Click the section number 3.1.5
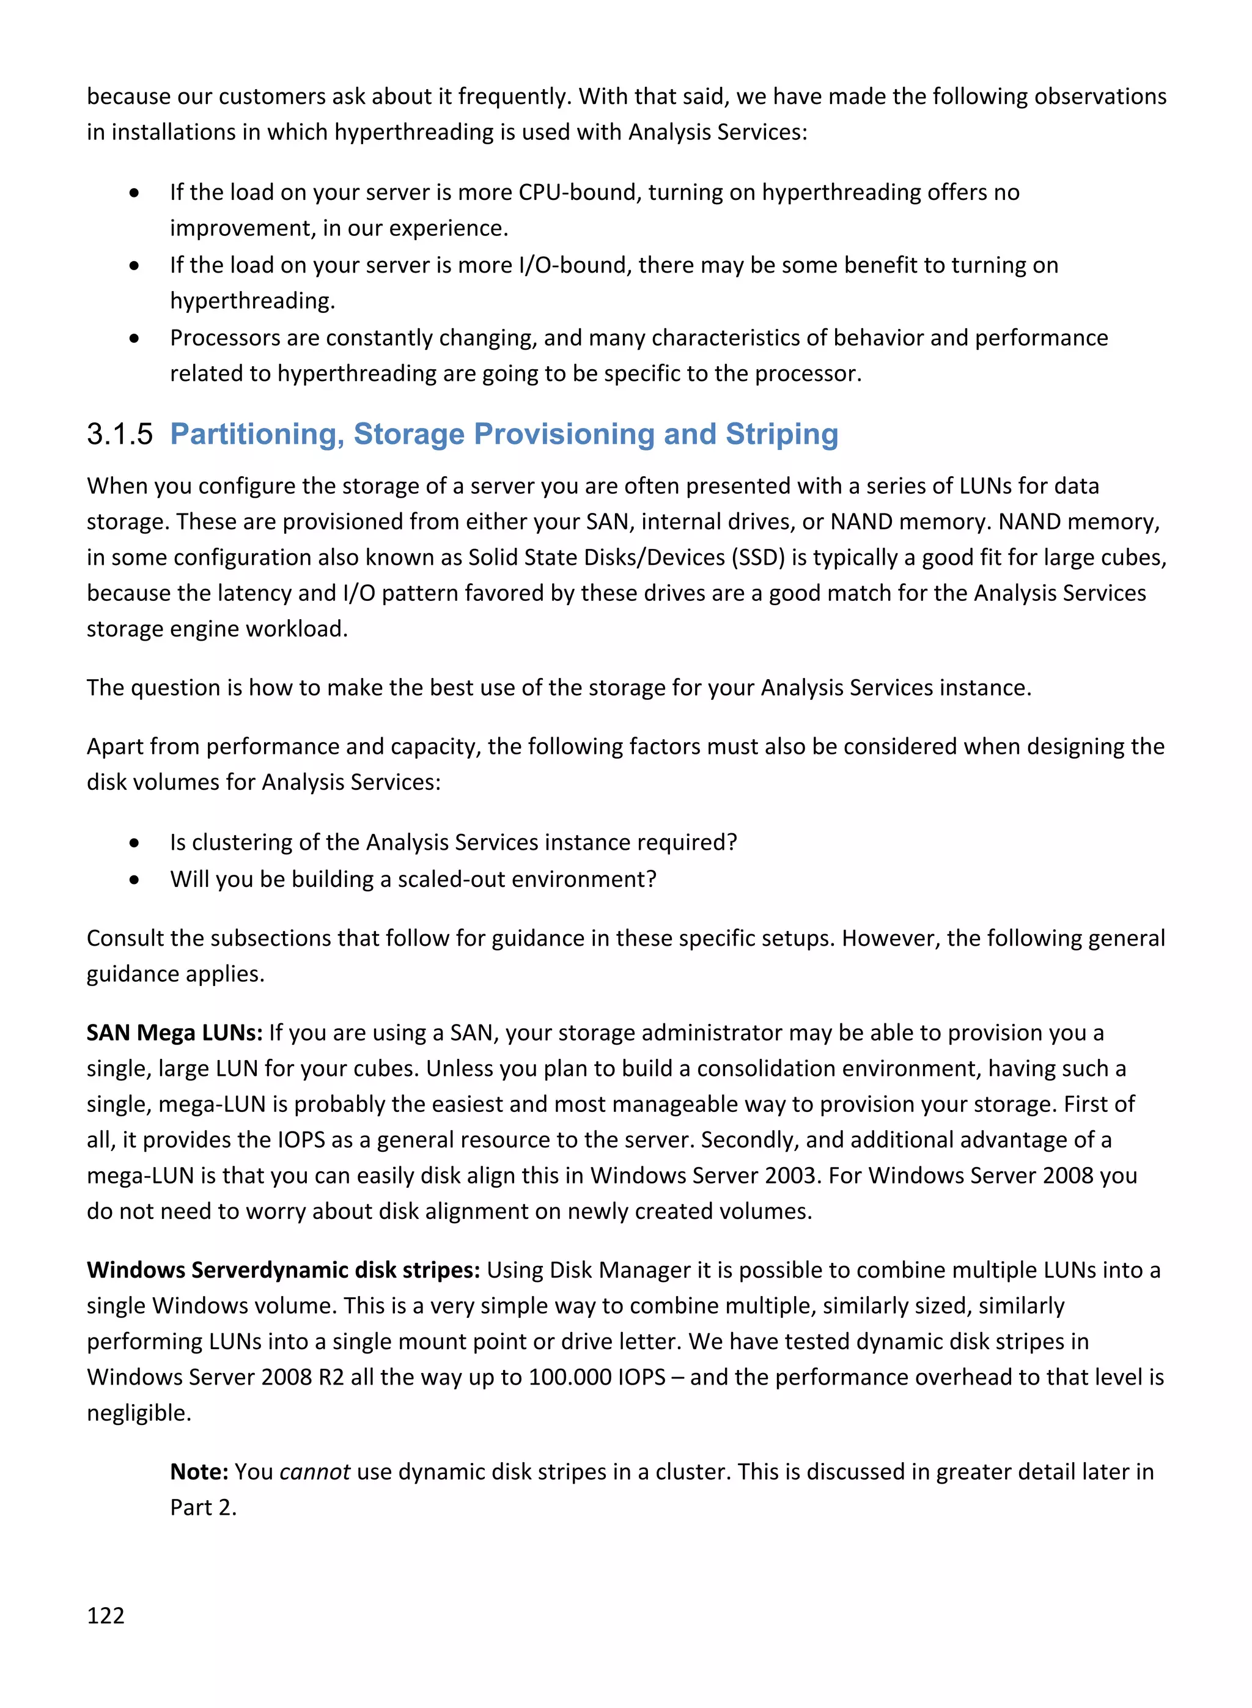120,434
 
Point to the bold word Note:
199,1471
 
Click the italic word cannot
314,1471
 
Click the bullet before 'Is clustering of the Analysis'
134,842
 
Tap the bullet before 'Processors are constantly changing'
134,338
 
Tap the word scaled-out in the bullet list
452,879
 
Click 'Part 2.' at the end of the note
203,1507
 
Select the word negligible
139,1413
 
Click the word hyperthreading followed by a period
252,301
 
